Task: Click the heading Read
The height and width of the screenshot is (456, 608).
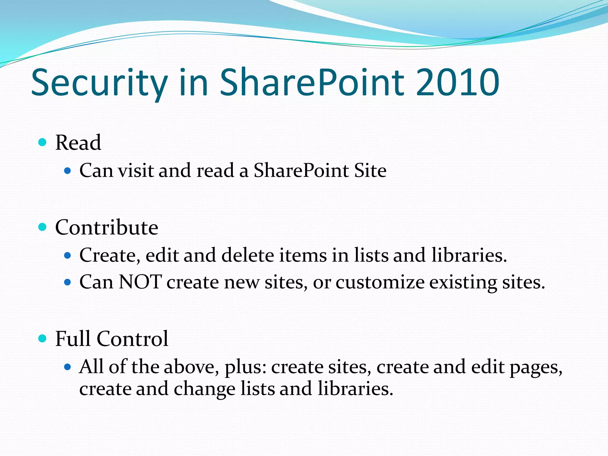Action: point(78,142)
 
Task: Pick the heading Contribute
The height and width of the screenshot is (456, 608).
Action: point(107,227)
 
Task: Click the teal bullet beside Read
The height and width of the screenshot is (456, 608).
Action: point(43,142)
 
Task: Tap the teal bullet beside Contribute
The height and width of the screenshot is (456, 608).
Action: point(43,227)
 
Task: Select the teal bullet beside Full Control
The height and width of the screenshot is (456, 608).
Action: point(43,338)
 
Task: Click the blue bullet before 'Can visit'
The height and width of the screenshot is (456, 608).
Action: point(68,171)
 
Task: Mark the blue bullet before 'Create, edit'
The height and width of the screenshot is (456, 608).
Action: point(68,255)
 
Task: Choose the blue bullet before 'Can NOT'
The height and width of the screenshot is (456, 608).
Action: point(68,282)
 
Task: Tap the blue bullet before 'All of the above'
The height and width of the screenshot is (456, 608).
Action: point(68,367)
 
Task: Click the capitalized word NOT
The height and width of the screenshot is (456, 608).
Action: point(140,282)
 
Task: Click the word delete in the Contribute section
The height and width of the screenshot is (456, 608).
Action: point(248,255)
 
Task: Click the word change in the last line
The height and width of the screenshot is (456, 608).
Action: point(205,389)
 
